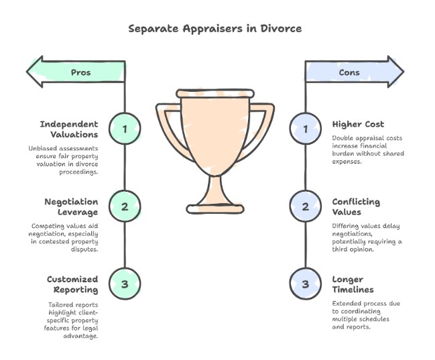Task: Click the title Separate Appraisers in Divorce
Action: (x=215, y=29)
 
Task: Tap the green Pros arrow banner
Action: (x=76, y=72)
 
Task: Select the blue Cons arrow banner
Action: (x=355, y=72)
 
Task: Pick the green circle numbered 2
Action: (x=125, y=206)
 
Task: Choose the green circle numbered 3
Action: (x=125, y=284)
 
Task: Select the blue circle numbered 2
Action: (x=306, y=206)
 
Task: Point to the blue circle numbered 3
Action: (x=306, y=284)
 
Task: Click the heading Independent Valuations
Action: (x=68, y=129)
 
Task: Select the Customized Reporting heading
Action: (x=72, y=284)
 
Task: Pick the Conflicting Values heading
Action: (x=356, y=206)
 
